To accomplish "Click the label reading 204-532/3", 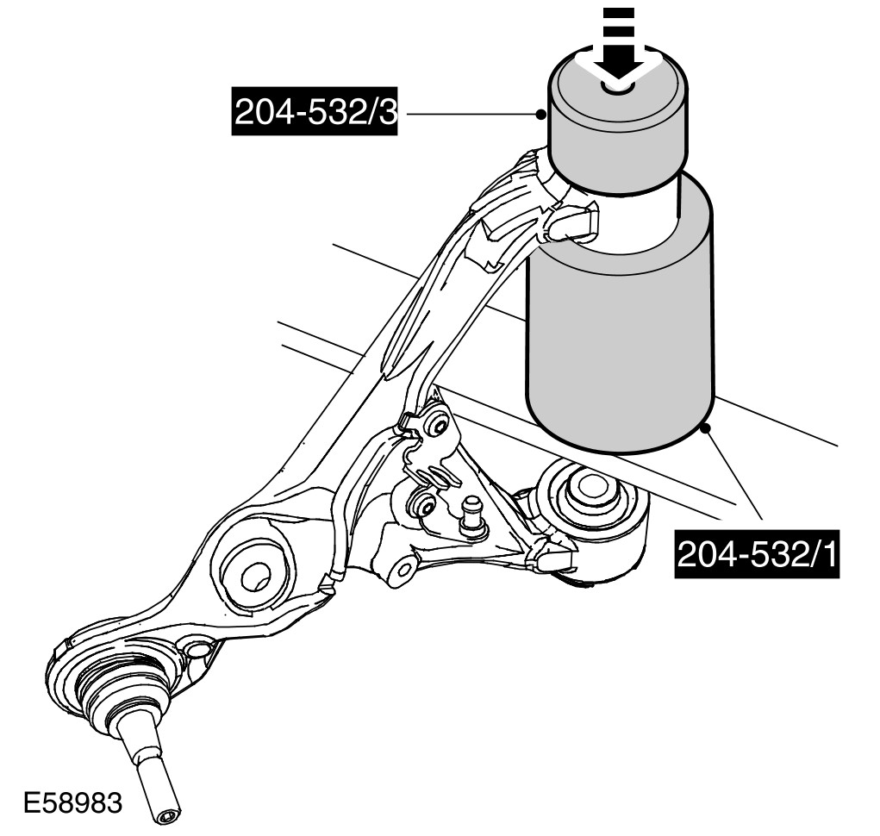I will [x=314, y=114].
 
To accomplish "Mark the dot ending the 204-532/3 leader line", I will [x=541, y=113].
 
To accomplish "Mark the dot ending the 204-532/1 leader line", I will [x=706, y=426].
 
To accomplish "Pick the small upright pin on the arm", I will [x=471, y=515].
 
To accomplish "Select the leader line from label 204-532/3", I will [x=470, y=114].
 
